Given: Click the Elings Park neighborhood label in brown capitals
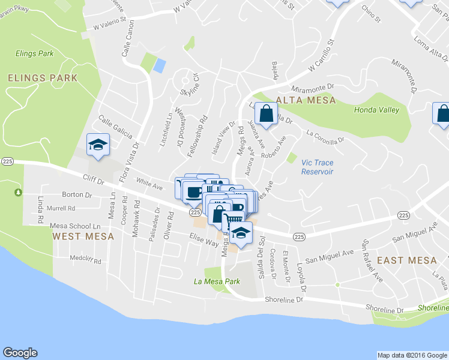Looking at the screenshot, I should coord(43,77).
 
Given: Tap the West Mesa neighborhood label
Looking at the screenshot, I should coord(83,236).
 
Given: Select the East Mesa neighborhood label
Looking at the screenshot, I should coord(406,260).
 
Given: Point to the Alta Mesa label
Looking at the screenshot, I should coord(306,100).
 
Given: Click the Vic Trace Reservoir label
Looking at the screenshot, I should coord(317,167).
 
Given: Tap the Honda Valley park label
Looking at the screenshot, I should coord(376,110).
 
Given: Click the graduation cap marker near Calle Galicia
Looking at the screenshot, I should coord(98,145).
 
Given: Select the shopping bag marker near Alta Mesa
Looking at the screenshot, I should coord(265,113).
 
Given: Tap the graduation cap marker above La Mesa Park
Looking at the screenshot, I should coord(241,233).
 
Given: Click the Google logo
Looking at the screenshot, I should coord(20,353).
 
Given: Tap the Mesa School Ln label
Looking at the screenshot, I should coord(72,226).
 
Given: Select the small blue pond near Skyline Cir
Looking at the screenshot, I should coord(159,65).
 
